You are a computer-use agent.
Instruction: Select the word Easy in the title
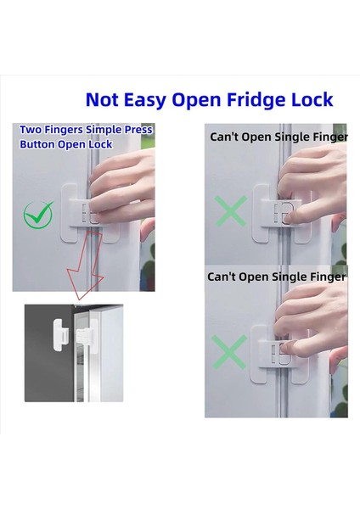(x=144, y=100)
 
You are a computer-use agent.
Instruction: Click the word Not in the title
(x=102, y=99)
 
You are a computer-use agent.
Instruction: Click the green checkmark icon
(x=38, y=215)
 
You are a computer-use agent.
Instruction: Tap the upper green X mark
(x=231, y=211)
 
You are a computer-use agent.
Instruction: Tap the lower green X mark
(x=229, y=352)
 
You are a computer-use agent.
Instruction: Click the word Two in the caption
(x=31, y=130)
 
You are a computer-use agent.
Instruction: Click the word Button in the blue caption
(x=37, y=144)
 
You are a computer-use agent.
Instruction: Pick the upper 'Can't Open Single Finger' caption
(x=278, y=137)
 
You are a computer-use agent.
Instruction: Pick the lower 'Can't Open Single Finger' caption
(x=277, y=277)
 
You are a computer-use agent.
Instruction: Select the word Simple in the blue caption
(x=104, y=130)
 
